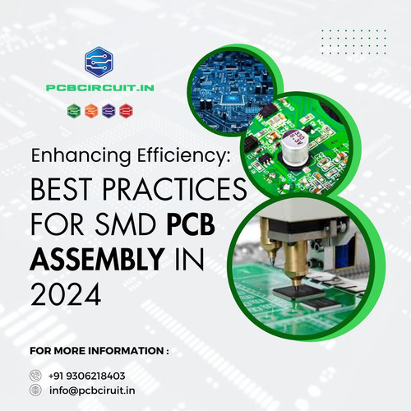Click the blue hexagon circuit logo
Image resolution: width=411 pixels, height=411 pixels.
pyautogui.click(x=101, y=62)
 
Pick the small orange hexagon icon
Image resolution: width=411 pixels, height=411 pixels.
pyautogui.click(x=90, y=109)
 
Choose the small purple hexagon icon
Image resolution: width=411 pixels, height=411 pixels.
pyautogui.click(x=109, y=109)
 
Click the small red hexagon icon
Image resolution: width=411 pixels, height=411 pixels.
pyautogui.click(x=126, y=109)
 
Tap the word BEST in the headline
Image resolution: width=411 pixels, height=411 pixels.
pyautogui.click(x=67, y=191)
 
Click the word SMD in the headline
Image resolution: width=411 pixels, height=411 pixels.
pyautogui.click(x=130, y=224)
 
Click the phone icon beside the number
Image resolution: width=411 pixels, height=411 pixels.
pyautogui.click(x=35, y=376)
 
